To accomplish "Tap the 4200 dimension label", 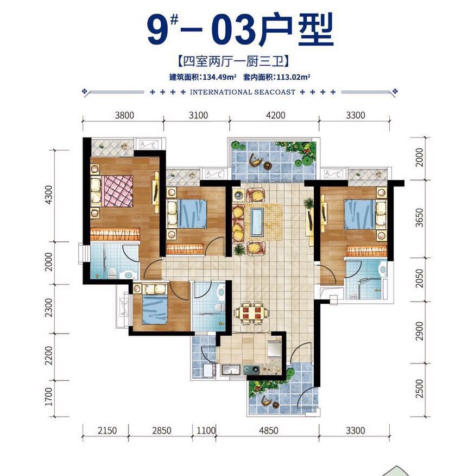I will pyautogui.click(x=274, y=115).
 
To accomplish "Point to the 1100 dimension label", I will pyautogui.click(x=204, y=430).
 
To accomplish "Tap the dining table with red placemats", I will pyautogui.click(x=250, y=314).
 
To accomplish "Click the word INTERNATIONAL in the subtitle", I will pyautogui.click(x=221, y=92).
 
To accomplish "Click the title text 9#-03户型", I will pyautogui.click(x=239, y=31).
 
